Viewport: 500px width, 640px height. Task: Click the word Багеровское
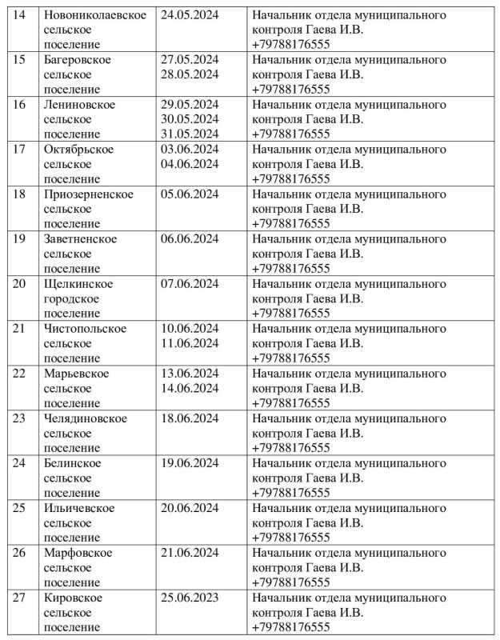coord(77,60)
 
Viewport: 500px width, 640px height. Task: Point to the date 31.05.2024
coord(190,134)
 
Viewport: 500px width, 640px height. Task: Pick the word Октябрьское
coord(78,150)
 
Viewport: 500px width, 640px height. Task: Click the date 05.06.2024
coord(190,194)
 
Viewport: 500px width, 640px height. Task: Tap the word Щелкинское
coord(78,283)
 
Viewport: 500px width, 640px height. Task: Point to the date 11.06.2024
coord(190,343)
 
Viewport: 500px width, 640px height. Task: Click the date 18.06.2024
coord(190,418)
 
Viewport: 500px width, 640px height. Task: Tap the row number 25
coord(22,507)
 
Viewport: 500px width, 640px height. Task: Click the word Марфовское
coord(78,552)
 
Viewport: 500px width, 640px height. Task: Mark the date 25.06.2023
coord(190,597)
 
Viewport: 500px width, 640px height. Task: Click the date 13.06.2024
coord(190,373)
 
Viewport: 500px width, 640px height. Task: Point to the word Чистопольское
coord(85,328)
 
